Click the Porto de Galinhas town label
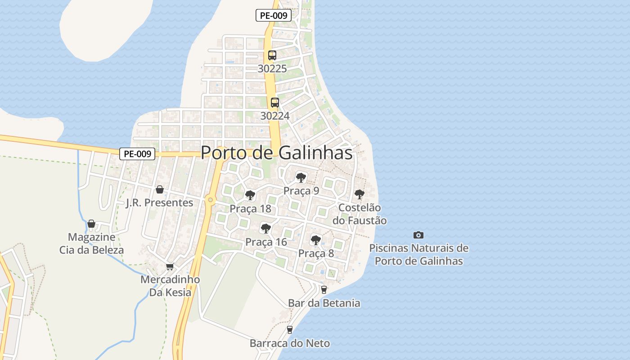(x=276, y=153)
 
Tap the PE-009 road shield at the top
(x=274, y=15)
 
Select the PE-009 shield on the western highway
(x=138, y=154)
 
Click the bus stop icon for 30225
(x=272, y=55)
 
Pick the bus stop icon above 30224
(x=275, y=103)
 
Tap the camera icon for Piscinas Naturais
(x=418, y=235)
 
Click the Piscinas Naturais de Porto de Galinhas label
(x=419, y=254)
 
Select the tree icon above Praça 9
(x=301, y=178)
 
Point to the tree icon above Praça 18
(x=250, y=195)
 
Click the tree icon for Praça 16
(x=266, y=229)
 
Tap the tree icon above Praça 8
(x=316, y=240)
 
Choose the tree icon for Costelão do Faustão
(x=359, y=194)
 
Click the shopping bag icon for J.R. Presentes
(x=159, y=189)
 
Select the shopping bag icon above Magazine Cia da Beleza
(x=91, y=224)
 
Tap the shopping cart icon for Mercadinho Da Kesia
(x=170, y=266)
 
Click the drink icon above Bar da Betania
(x=324, y=290)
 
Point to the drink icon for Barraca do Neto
(x=290, y=330)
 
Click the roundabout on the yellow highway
(x=210, y=200)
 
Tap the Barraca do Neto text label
(x=290, y=343)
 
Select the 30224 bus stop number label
(x=275, y=116)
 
